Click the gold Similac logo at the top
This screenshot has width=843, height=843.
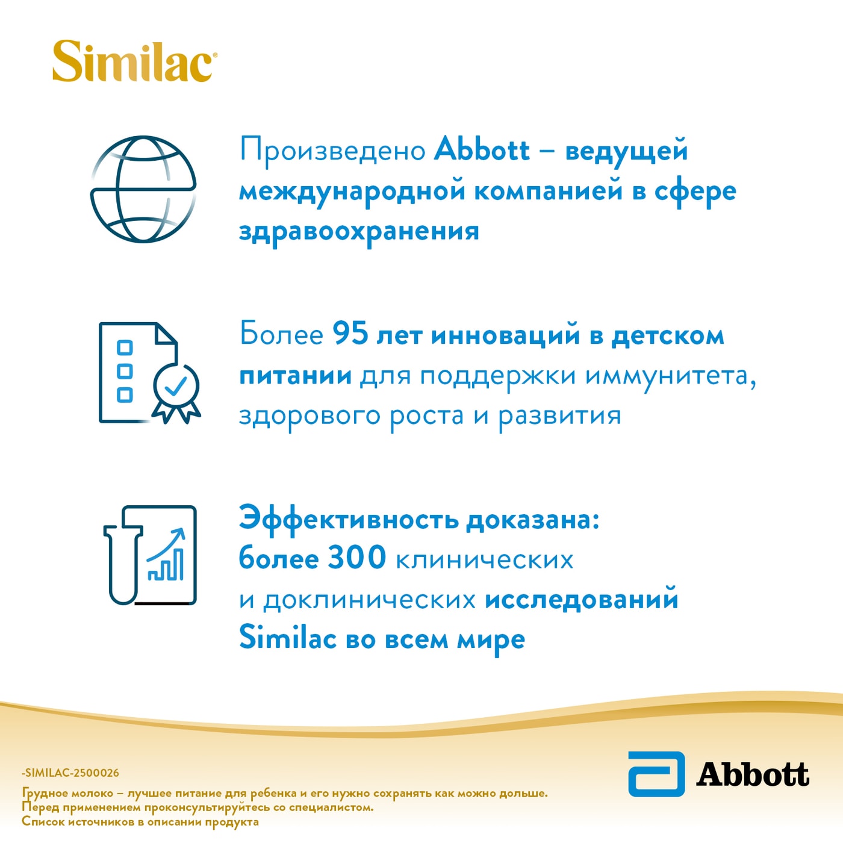point(133,61)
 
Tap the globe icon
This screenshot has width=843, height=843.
point(143,189)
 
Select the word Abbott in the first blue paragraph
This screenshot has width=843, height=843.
point(482,149)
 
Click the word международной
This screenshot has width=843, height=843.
point(352,191)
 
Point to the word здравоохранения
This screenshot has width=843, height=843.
point(359,231)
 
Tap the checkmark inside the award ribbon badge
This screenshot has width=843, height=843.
point(175,386)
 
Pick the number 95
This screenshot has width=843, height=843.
point(350,334)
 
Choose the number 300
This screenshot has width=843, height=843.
point(356,558)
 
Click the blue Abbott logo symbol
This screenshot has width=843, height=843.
point(656,774)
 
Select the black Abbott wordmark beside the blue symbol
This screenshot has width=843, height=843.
point(753,774)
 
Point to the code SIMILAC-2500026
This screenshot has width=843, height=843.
point(71,773)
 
